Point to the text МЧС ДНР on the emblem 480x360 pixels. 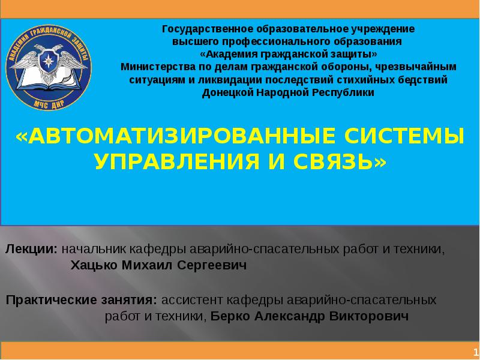[x=49, y=102]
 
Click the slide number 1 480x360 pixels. [x=475, y=351]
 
